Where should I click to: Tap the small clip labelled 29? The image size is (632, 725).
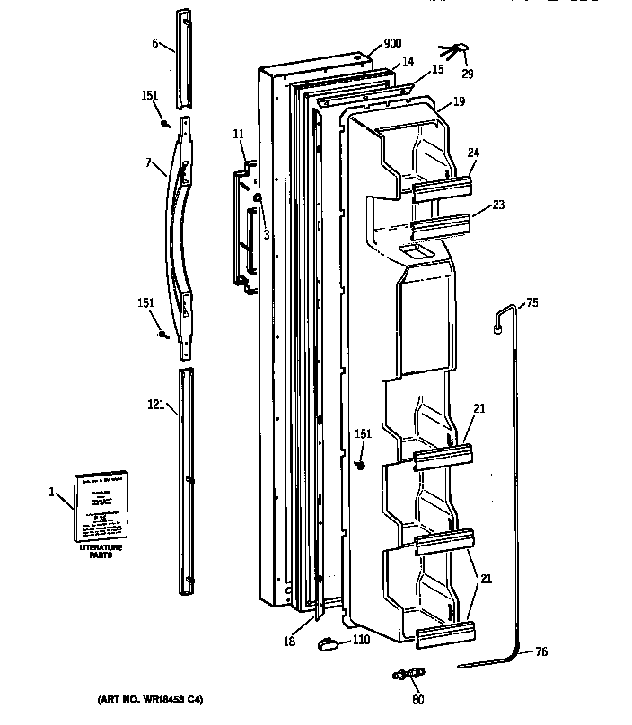[x=453, y=49]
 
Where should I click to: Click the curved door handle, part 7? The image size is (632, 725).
[x=178, y=229]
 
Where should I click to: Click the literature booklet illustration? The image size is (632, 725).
[x=101, y=507]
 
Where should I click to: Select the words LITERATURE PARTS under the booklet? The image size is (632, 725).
[x=101, y=551]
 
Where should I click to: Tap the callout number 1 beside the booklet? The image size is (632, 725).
[x=52, y=491]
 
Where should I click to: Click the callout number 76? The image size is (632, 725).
[x=539, y=652]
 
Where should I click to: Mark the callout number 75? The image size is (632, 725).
[x=531, y=303]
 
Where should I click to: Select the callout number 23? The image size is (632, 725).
[x=497, y=205]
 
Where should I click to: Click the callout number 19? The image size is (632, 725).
[x=458, y=102]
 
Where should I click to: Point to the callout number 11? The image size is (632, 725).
[x=238, y=134]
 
